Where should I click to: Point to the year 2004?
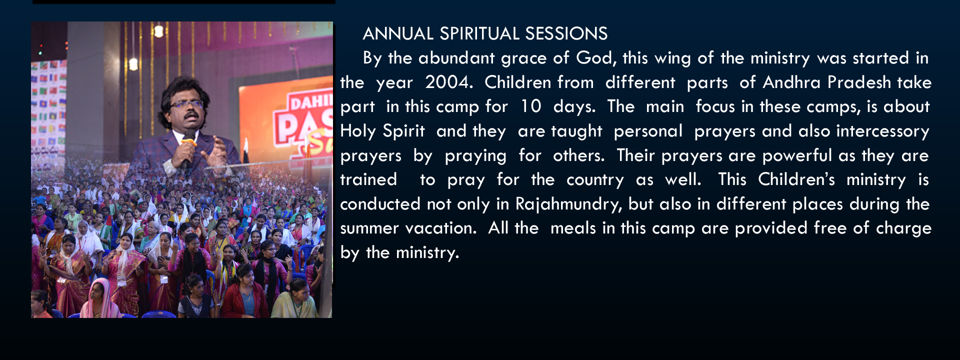coord(448,82)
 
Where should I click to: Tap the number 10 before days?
coord(531,106)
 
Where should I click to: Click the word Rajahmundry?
coord(568,204)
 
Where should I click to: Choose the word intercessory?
coord(882,131)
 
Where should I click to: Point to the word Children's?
coord(796,179)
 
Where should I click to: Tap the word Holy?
coord(358,131)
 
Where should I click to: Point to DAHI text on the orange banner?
coord(310,102)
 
